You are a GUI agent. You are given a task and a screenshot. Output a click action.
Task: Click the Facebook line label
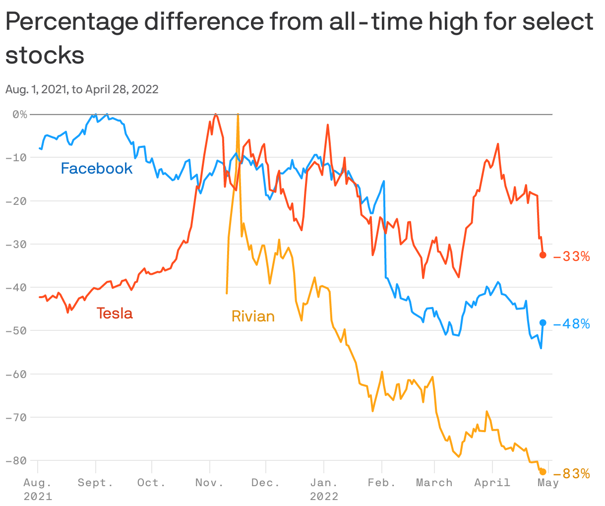coord(97,169)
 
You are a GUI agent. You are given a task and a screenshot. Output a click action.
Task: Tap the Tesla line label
coord(115,314)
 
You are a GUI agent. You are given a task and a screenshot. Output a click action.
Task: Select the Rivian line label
coord(253,316)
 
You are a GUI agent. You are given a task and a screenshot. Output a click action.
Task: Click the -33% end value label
coord(571,256)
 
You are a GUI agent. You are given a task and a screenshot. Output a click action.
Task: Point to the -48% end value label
coord(571,324)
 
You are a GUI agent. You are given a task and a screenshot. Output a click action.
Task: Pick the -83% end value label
coord(571,474)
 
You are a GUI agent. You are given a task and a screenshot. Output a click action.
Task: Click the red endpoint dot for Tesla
coord(543,255)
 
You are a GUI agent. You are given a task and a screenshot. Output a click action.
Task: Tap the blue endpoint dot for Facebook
coord(543,322)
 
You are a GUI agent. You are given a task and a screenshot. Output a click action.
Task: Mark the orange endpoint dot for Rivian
coord(543,472)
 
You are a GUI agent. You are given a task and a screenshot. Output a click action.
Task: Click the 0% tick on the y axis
coord(20,115)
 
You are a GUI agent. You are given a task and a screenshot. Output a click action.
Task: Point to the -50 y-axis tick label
coord(16,330)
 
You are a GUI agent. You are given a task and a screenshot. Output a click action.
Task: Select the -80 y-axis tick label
coord(16,460)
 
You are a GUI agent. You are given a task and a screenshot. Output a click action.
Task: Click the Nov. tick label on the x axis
coord(210,483)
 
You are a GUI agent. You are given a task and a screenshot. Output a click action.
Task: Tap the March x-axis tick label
coord(434,483)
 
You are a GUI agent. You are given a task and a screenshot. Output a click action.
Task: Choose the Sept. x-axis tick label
coord(95,483)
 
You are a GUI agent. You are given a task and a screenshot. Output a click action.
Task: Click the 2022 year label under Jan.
coord(324,496)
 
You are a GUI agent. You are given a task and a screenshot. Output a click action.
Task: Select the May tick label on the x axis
coord(548,483)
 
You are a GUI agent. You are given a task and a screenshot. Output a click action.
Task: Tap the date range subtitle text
coord(82,89)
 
